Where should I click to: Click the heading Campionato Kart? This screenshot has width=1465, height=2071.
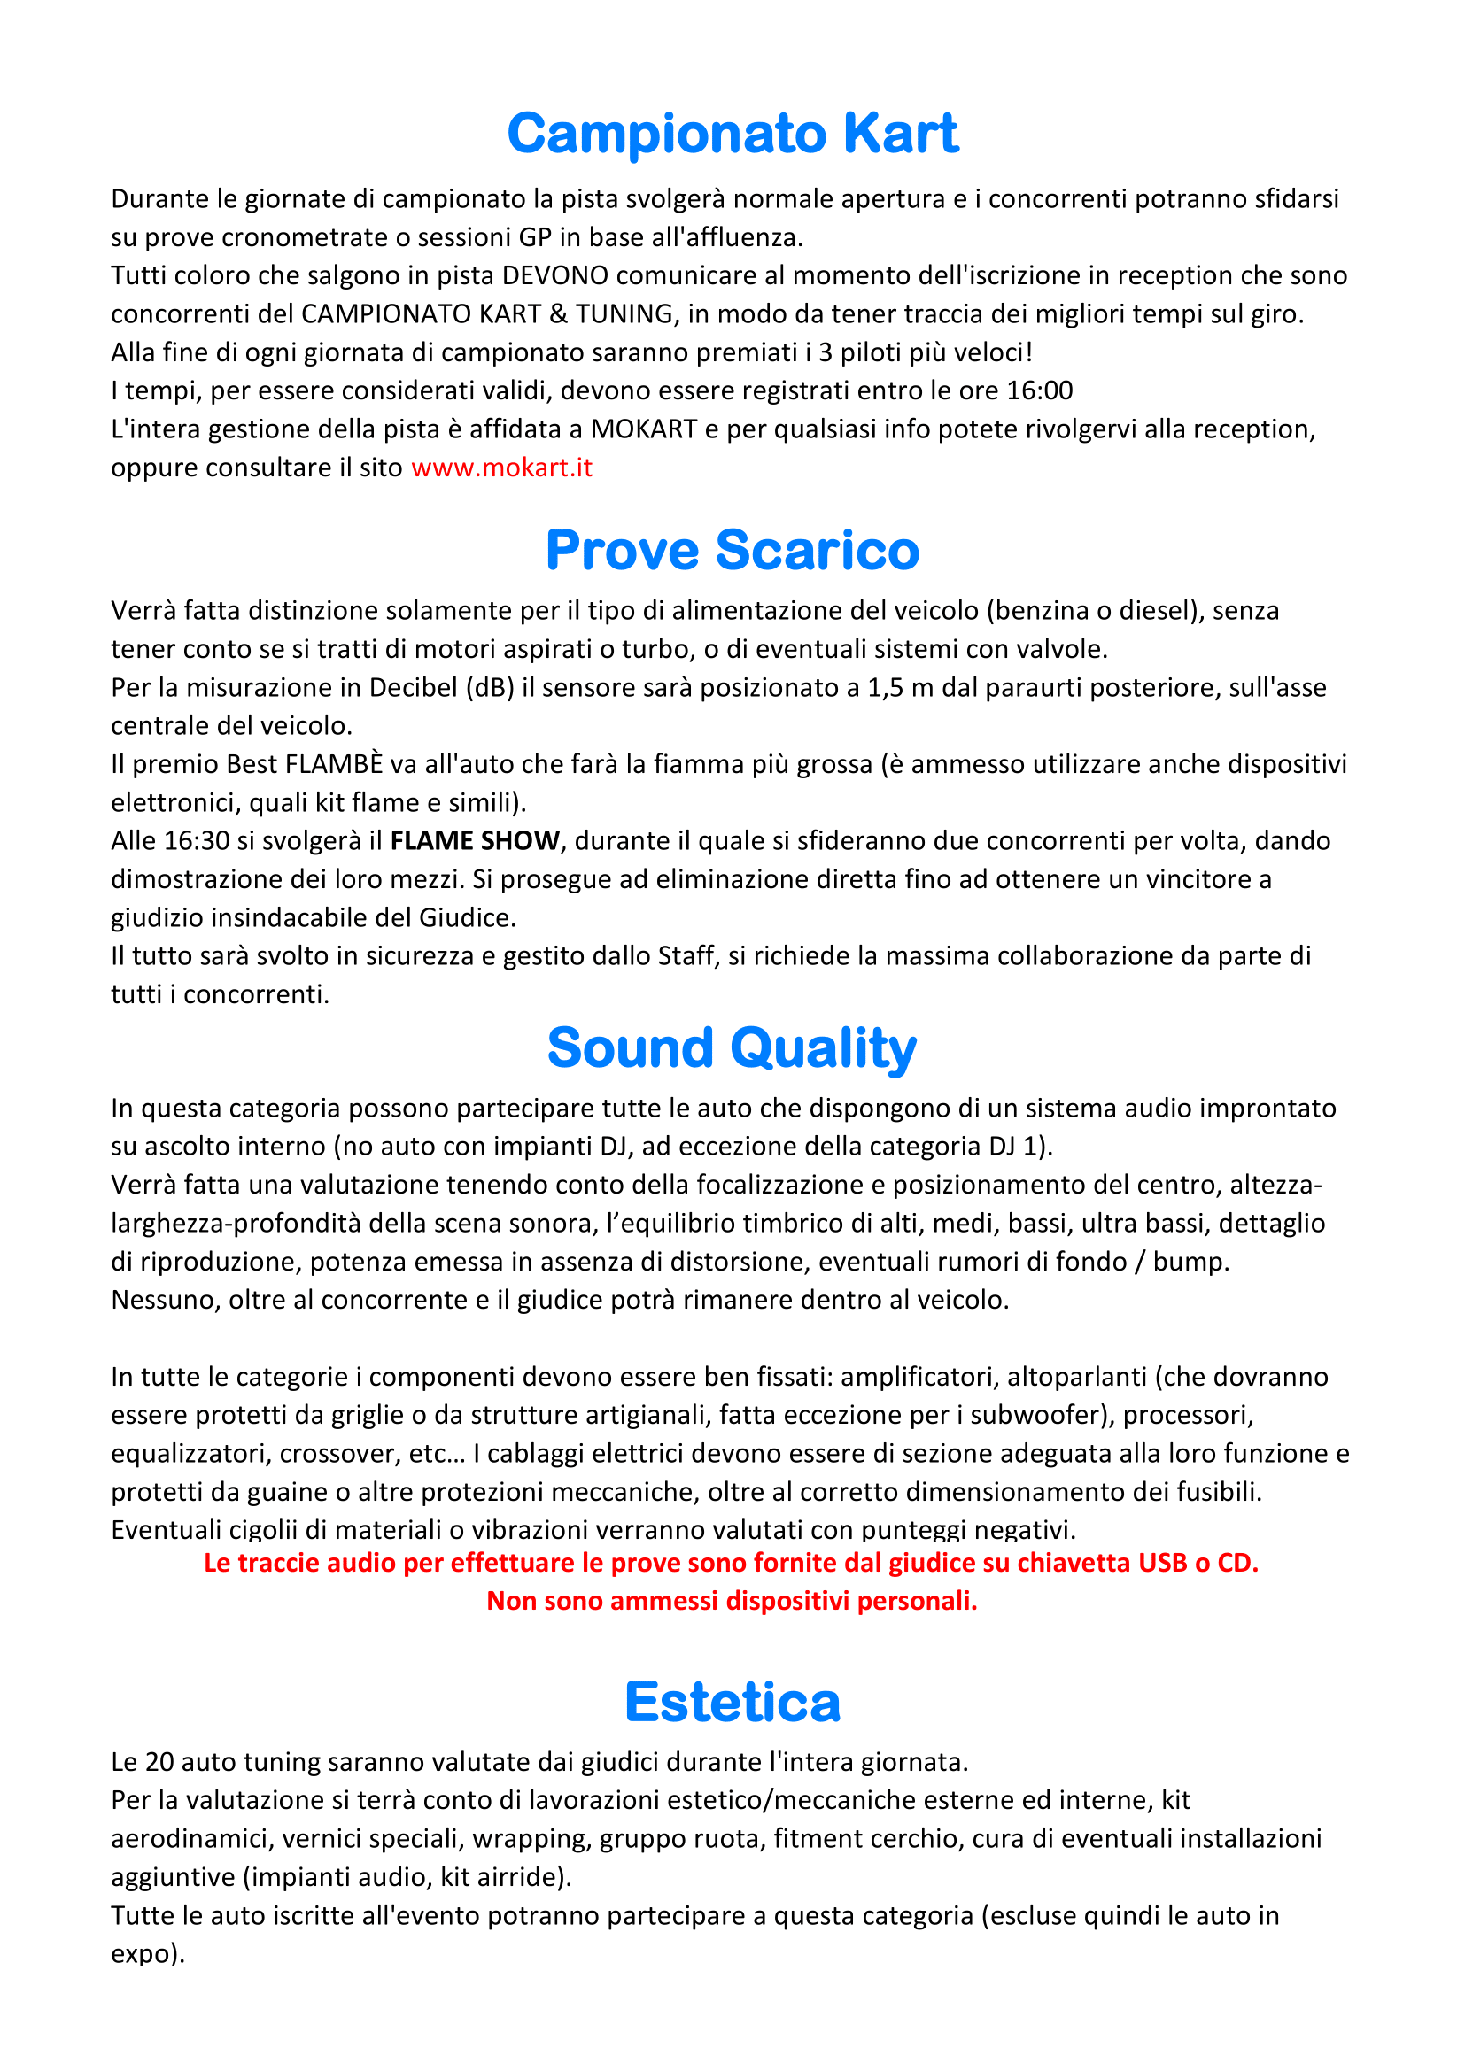(x=732, y=134)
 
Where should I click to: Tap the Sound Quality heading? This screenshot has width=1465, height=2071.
(x=732, y=1047)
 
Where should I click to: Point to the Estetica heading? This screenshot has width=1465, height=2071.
(x=732, y=1702)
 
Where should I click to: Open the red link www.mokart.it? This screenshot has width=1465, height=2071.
(x=501, y=468)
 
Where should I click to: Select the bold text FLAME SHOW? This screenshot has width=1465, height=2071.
(x=475, y=840)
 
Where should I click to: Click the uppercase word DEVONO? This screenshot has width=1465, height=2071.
(x=554, y=275)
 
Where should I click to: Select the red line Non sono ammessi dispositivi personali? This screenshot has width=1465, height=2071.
(x=732, y=1600)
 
